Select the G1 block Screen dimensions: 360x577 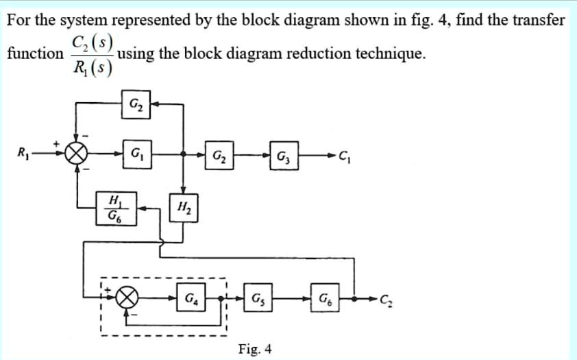tap(134, 153)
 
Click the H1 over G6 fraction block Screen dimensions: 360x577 tap(116, 208)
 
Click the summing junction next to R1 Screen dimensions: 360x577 tap(77, 154)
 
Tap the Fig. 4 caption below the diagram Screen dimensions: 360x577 tap(255, 349)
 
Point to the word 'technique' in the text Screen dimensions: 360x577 tap(388, 53)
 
